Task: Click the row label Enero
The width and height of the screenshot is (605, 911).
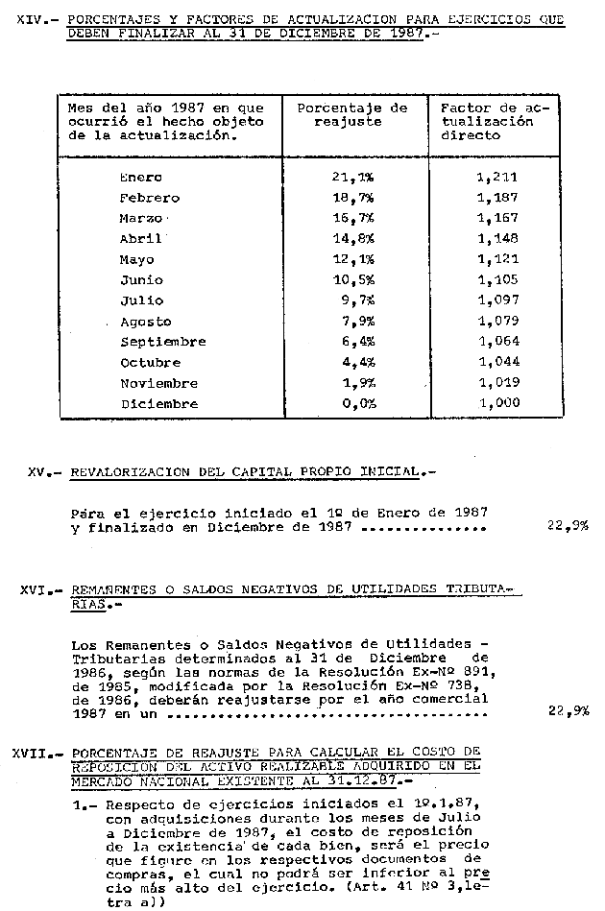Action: click(140, 177)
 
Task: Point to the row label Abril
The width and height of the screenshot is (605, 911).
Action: click(140, 239)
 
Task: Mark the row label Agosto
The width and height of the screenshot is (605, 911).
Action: click(146, 322)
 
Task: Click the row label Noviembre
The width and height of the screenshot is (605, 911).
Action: click(158, 383)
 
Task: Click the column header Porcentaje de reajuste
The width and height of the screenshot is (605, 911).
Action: click(352, 115)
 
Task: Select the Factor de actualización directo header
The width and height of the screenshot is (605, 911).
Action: click(494, 122)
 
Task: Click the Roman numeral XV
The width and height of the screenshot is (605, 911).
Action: click(37, 472)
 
